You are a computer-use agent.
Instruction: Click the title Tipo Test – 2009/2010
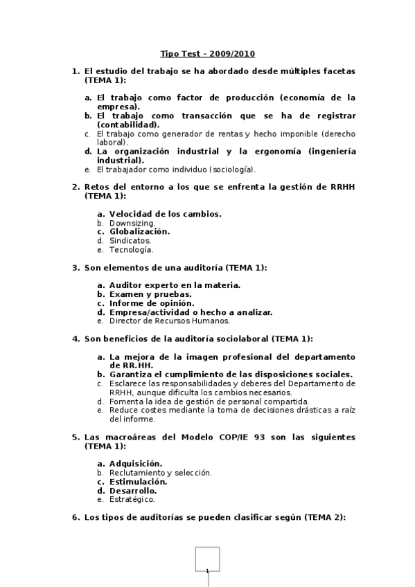(206, 53)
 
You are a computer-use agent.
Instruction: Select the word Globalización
(139, 232)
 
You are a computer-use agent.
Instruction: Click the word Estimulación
(138, 481)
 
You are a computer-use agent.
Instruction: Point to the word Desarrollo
(132, 490)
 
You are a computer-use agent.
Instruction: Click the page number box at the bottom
(207, 560)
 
